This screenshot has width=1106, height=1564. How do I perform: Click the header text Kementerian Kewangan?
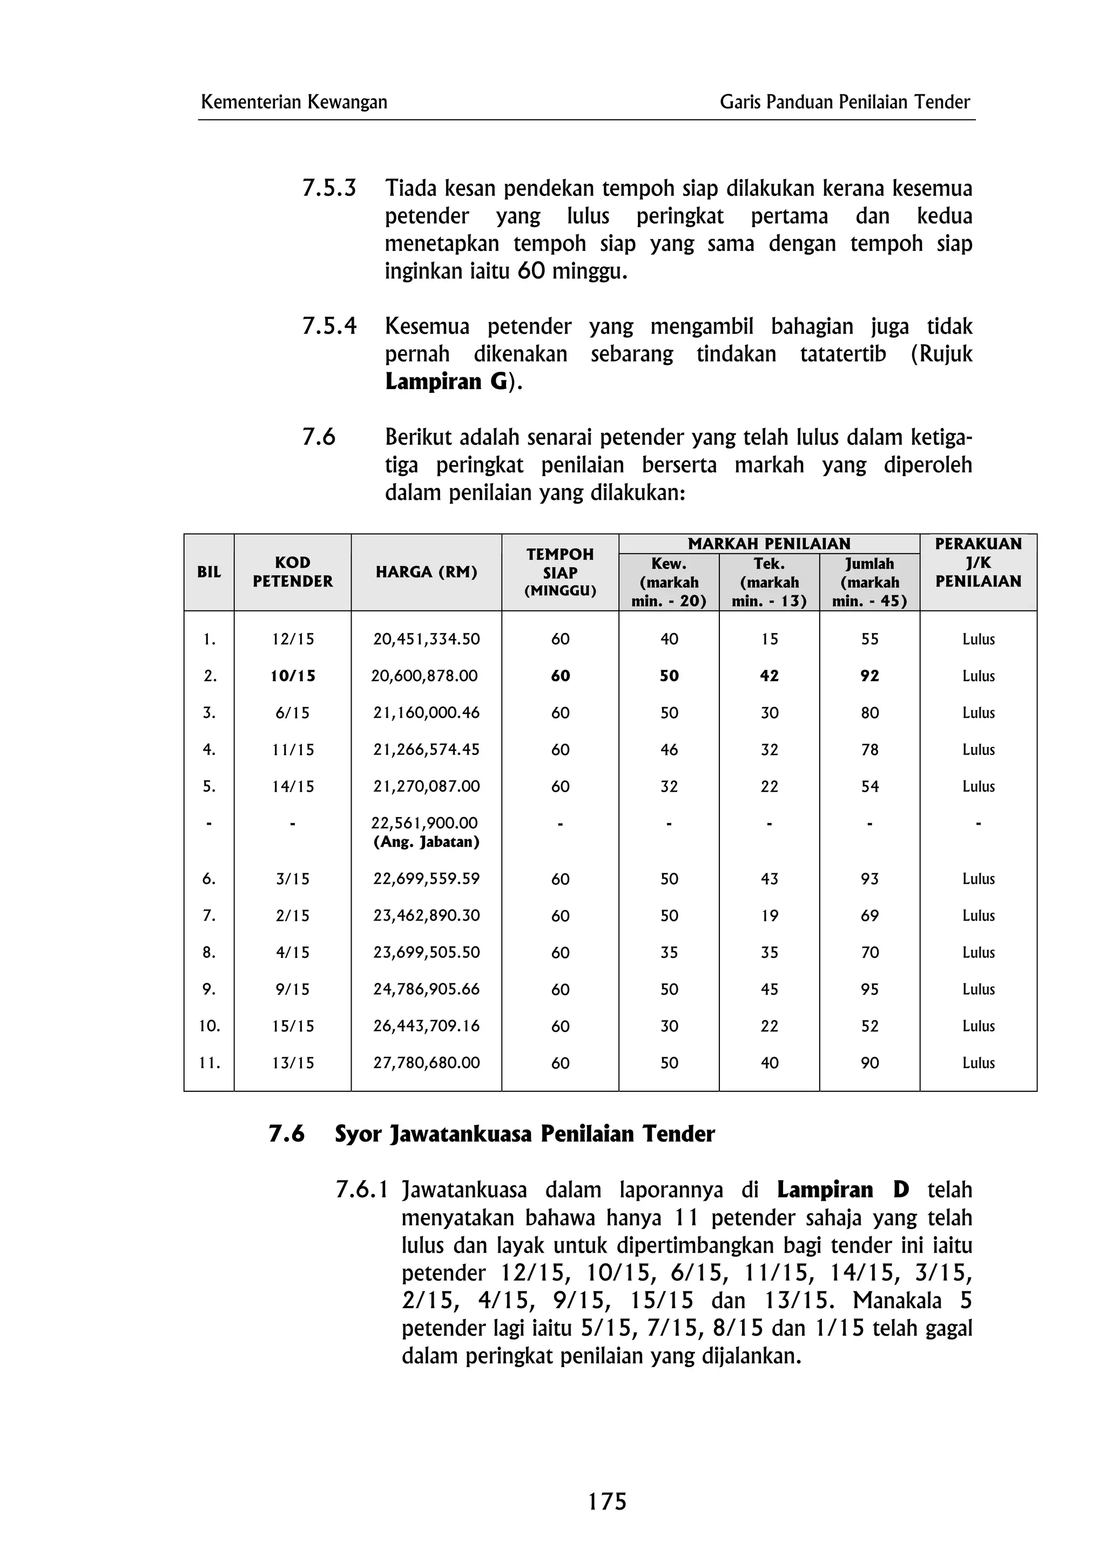pos(294,102)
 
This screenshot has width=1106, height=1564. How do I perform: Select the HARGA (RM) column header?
pos(426,572)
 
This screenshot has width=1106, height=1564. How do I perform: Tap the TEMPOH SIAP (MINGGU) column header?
pos(559,572)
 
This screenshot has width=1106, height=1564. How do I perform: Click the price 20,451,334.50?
pos(426,639)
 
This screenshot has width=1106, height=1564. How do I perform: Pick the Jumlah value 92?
pos(869,676)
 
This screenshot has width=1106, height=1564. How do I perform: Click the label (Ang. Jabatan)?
pos(426,842)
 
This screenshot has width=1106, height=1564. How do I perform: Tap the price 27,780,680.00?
pos(426,1063)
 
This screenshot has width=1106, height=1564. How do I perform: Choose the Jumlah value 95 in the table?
pos(869,989)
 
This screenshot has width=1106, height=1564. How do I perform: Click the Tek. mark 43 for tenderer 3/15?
pos(770,879)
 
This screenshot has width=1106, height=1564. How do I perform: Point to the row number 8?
pos(208,953)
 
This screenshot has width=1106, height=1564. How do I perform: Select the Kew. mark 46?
pos(669,749)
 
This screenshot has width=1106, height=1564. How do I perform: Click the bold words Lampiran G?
pos(446,382)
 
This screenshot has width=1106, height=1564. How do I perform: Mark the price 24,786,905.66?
pos(426,989)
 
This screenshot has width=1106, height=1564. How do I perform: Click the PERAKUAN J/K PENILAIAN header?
pos(978,563)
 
